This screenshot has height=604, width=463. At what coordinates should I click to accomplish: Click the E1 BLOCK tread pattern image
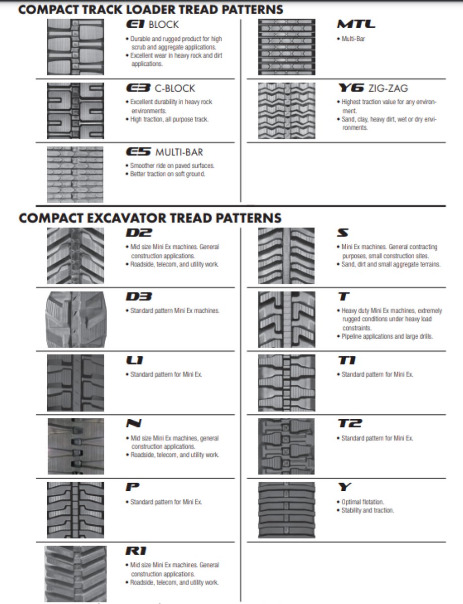click(75, 47)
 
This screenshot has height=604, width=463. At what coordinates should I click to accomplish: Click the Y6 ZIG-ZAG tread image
click(286, 111)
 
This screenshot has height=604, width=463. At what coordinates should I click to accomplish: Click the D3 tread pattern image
click(75, 319)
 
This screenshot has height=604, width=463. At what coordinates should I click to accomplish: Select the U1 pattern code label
click(134, 360)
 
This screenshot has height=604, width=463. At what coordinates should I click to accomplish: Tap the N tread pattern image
click(75, 446)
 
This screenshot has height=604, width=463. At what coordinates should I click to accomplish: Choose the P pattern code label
click(132, 488)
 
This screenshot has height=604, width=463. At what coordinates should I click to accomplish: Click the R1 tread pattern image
click(75, 574)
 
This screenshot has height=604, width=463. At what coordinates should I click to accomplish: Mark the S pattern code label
click(342, 233)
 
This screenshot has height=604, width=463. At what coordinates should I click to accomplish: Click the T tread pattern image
click(286, 319)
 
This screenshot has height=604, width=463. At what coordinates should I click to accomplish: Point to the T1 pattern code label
click(347, 360)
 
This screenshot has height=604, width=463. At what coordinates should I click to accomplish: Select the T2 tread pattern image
click(286, 446)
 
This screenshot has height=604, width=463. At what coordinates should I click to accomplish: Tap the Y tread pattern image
click(286, 510)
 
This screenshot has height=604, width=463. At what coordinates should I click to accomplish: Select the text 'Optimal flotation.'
click(362, 502)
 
